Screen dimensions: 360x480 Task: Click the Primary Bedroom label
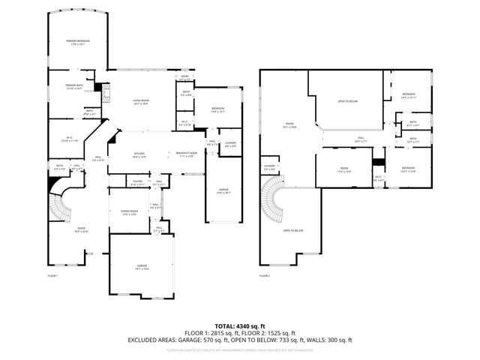pyautogui.click(x=77, y=42)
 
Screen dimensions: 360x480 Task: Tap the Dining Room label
pyautogui.click(x=130, y=213)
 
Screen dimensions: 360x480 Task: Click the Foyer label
pyautogui.click(x=61, y=229)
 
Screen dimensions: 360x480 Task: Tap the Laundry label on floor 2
pyautogui.click(x=269, y=167)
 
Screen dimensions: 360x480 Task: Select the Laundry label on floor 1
pyautogui.click(x=231, y=143)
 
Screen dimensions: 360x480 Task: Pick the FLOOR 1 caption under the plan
pyautogui.click(x=52, y=277)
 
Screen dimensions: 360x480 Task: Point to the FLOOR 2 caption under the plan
pyautogui.click(x=265, y=277)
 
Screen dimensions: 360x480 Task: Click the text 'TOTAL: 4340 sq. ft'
pyautogui.click(x=240, y=325)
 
